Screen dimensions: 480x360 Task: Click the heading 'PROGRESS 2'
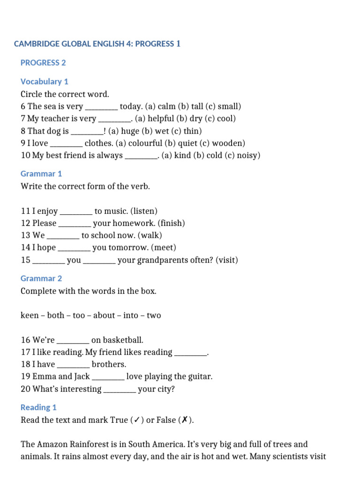point(40,63)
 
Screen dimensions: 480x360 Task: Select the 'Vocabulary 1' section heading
point(45,82)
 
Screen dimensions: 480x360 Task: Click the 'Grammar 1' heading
point(41,174)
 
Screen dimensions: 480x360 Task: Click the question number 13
point(25,235)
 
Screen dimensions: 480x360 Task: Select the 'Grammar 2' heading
point(41,278)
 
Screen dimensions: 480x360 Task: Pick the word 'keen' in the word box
point(29,315)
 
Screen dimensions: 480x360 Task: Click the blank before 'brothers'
point(73,365)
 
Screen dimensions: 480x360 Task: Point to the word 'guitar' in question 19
point(200,376)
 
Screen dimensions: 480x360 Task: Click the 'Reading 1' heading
point(38,407)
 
